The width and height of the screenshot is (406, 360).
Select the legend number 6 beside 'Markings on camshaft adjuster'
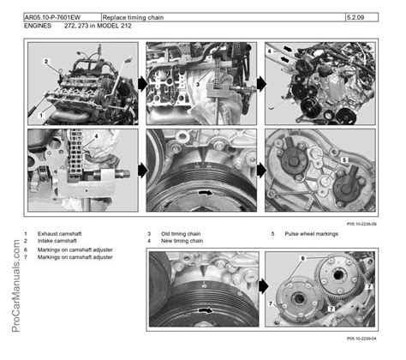point(27,250)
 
